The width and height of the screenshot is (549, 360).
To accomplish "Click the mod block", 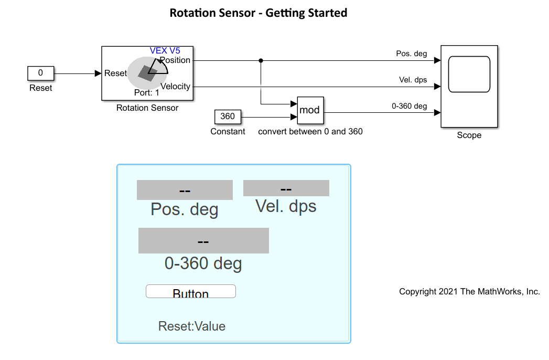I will pyautogui.click(x=309, y=110).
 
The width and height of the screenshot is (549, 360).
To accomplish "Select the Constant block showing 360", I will pyautogui.click(x=228, y=117).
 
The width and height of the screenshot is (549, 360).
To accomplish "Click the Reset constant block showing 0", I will pyautogui.click(x=40, y=73).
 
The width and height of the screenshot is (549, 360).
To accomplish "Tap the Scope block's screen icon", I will pyautogui.click(x=469, y=74).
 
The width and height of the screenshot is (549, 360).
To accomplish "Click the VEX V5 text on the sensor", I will pyautogui.click(x=165, y=50).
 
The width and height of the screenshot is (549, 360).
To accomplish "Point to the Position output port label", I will pyautogui.click(x=176, y=60).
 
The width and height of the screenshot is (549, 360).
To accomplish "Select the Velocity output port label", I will pyautogui.click(x=176, y=87).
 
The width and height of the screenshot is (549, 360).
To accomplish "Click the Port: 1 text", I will pyautogui.click(x=147, y=93).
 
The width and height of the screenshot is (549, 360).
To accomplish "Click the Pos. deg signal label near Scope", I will pyautogui.click(x=412, y=54).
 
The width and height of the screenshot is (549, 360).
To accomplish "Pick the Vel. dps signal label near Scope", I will pyautogui.click(x=413, y=80).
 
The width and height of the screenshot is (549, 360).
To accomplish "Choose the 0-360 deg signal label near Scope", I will pyautogui.click(x=410, y=106).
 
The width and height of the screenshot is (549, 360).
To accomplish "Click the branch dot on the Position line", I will pyautogui.click(x=261, y=60).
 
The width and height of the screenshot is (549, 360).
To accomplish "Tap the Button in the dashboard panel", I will pyautogui.click(x=191, y=292).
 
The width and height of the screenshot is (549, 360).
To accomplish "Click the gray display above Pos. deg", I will pyautogui.click(x=185, y=190).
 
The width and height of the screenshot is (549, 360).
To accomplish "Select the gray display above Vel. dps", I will pyautogui.click(x=286, y=188).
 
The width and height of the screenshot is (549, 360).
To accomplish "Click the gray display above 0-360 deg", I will pyautogui.click(x=203, y=241).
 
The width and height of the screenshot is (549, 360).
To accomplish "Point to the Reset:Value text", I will pyautogui.click(x=192, y=326).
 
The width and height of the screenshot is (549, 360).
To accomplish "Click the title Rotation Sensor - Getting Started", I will pyautogui.click(x=259, y=13).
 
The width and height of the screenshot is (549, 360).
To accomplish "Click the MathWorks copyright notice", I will pyautogui.click(x=469, y=292).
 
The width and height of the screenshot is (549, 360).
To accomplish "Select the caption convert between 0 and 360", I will pyautogui.click(x=310, y=132).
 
